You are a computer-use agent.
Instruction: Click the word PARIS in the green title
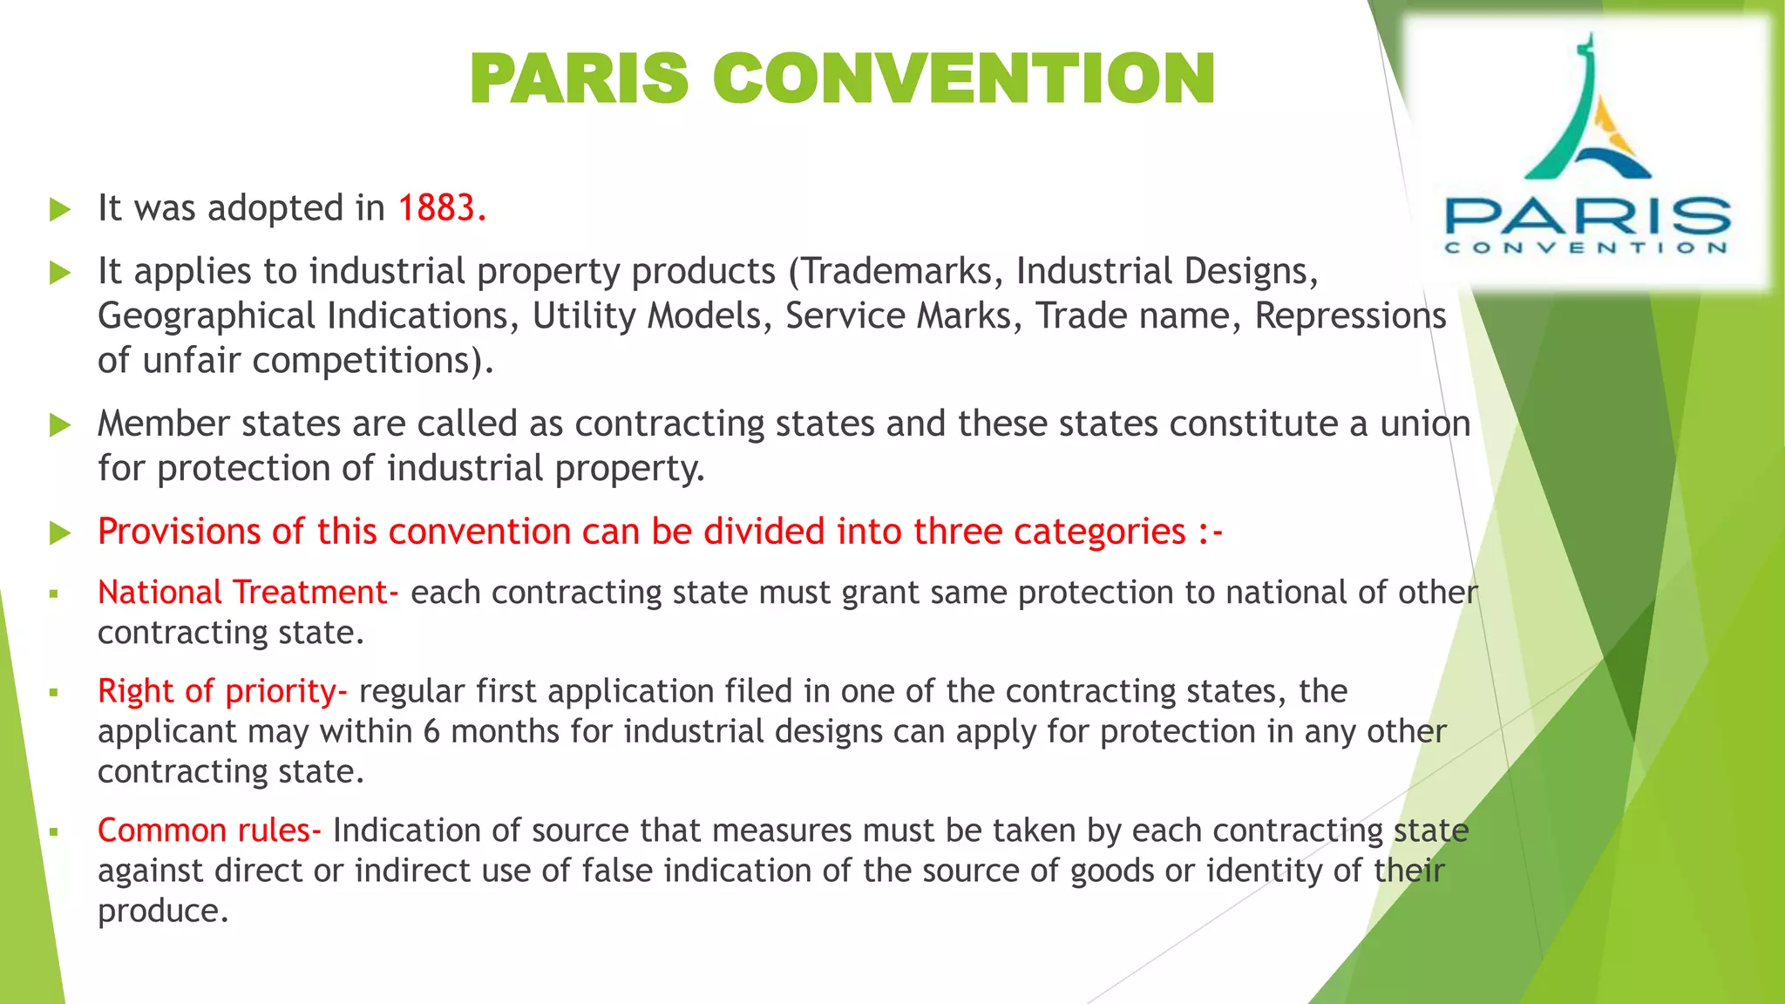580,78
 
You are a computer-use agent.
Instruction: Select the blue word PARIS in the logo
1587,214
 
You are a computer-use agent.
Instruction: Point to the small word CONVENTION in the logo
1587,248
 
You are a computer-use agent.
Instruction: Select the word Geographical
207,315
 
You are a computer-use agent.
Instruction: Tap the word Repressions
1350,315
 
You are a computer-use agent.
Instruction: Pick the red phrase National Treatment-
248,593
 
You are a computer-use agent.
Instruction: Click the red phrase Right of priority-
222,691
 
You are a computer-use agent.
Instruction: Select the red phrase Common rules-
209,831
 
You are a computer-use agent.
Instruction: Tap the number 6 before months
431,731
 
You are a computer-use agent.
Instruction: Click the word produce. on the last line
163,911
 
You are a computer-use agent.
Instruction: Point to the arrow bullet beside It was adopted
59,209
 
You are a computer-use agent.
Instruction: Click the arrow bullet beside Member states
59,424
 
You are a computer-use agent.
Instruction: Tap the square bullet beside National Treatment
54,594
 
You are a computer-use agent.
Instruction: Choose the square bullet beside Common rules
54,832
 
